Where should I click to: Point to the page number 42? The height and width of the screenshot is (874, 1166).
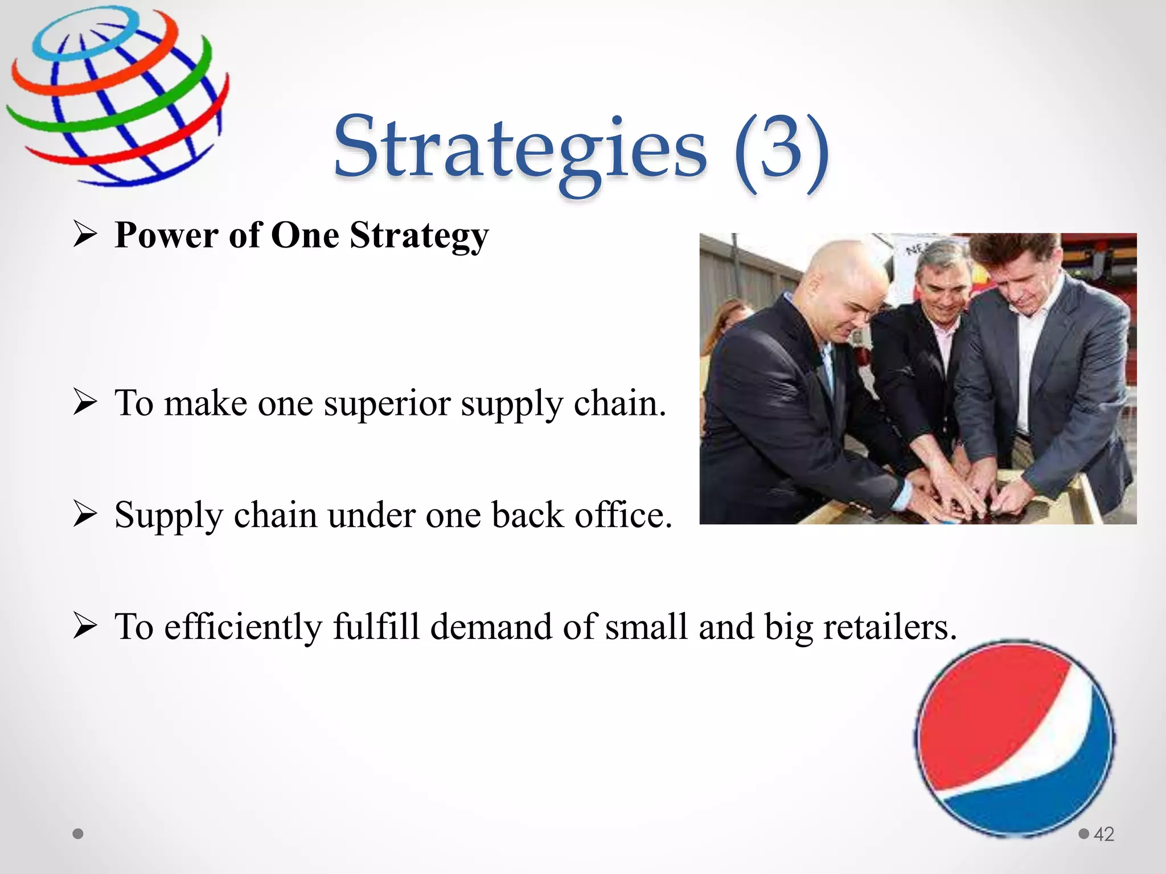tap(1103, 834)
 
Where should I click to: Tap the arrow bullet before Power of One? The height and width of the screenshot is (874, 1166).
tap(85, 234)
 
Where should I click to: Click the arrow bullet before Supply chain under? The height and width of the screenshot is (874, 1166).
tap(85, 514)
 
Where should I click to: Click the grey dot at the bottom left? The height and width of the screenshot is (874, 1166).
tap(79, 834)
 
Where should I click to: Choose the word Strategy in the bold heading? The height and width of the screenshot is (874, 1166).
tap(419, 235)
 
